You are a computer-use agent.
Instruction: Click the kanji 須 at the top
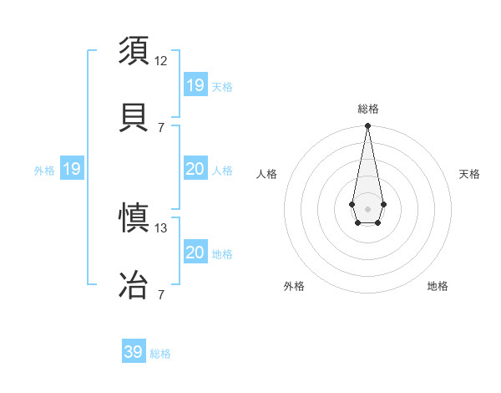click(x=135, y=50)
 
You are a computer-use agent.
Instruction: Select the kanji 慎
click(x=135, y=218)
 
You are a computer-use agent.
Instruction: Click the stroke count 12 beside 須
click(x=161, y=60)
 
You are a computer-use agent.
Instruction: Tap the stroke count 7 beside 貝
click(x=161, y=127)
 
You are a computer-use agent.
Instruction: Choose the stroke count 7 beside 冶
click(x=161, y=294)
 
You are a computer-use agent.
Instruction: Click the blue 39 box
click(x=134, y=352)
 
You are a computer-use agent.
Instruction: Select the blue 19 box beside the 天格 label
click(x=195, y=84)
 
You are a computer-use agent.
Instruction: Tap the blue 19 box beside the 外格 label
click(x=72, y=170)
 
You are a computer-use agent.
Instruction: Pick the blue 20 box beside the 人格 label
click(x=195, y=169)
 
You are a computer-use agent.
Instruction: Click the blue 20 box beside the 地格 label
click(x=195, y=253)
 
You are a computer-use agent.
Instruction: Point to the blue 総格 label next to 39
click(x=160, y=354)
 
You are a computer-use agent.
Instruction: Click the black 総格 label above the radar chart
click(x=367, y=109)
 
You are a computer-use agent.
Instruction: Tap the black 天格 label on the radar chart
click(x=469, y=174)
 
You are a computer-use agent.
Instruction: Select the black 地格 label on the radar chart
click(x=438, y=286)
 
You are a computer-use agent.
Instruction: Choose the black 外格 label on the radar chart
click(x=294, y=286)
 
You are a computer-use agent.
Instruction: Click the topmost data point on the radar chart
click(x=367, y=126)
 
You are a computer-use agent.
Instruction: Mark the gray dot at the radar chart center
click(x=367, y=207)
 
